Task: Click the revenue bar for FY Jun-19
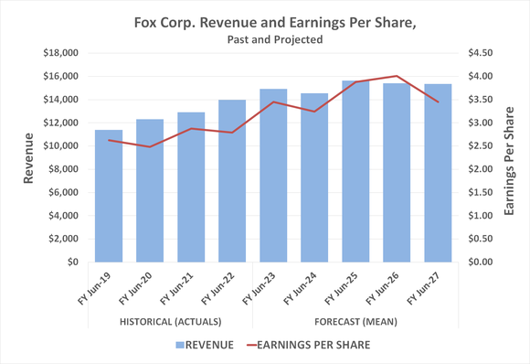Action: (109, 197)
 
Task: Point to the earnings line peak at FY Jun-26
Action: (397, 76)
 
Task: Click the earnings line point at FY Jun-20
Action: (150, 146)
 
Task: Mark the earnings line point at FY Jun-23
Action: (273, 102)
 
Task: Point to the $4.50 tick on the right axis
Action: (479, 52)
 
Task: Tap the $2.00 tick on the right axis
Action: (479, 169)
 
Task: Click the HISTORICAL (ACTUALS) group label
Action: (170, 322)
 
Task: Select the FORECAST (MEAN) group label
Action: (355, 322)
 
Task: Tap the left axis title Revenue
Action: (28, 157)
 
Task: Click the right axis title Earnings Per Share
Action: (510, 157)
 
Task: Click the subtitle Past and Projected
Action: (264, 39)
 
